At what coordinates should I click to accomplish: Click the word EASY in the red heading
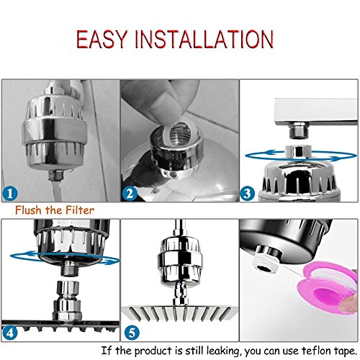(102, 39)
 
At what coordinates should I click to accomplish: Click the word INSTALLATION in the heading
(204, 39)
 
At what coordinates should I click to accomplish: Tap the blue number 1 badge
(10, 194)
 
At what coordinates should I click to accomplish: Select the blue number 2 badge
(130, 194)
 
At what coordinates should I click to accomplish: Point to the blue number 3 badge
(248, 194)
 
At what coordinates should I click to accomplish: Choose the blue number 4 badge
(10, 333)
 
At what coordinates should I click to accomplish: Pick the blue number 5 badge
(132, 333)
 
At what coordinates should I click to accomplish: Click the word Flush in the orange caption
(28, 210)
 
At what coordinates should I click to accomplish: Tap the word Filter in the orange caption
(80, 210)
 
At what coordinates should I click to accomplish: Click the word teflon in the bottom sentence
(318, 351)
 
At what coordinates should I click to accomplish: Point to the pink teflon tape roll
(329, 287)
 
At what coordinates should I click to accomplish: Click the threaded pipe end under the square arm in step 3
(299, 131)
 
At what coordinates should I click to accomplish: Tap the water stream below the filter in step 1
(57, 190)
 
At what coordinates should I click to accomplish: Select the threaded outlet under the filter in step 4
(70, 269)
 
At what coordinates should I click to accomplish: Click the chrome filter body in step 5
(179, 259)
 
